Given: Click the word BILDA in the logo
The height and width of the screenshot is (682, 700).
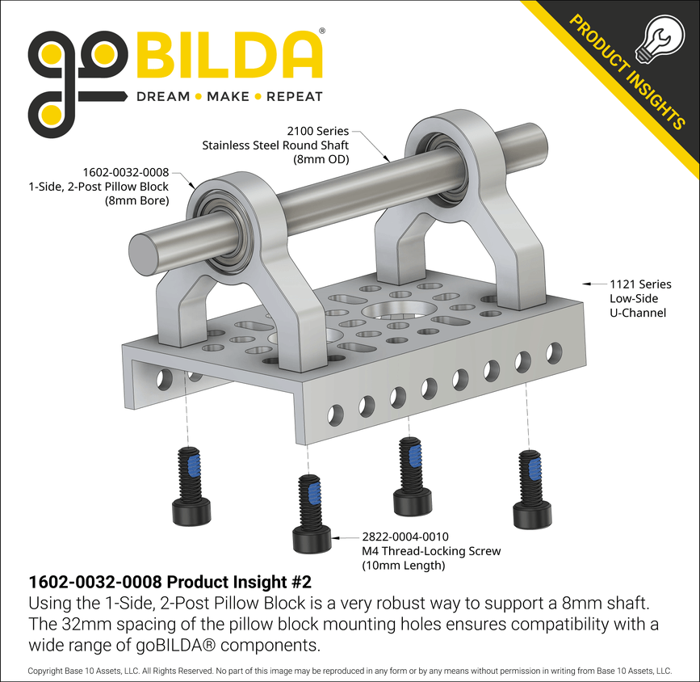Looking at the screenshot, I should point(228,55).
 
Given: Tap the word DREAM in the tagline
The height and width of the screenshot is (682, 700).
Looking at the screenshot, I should point(162,96).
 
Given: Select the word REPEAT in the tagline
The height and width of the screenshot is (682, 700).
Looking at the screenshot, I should point(294,96).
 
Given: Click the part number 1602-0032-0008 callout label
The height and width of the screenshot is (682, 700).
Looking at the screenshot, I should point(125,172).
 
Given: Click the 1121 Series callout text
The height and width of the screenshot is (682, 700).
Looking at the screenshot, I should point(639,284).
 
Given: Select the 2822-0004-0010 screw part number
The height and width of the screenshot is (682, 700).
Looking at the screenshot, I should point(404,536).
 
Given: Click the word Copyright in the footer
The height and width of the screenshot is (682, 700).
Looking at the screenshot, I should point(48,671).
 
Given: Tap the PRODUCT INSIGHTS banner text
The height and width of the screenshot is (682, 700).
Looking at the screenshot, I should point(627,69).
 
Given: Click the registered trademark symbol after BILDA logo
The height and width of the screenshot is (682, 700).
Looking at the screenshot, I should point(323,31).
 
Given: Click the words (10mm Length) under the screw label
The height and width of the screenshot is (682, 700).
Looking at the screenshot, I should point(403,565).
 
